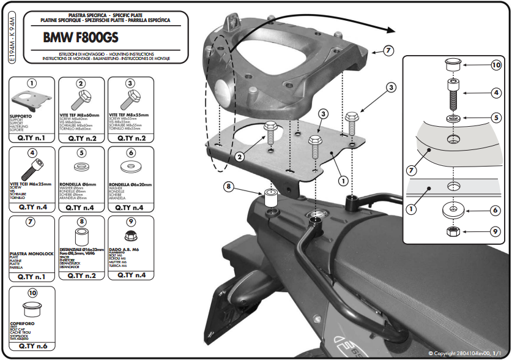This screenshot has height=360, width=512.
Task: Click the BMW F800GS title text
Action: point(81,37)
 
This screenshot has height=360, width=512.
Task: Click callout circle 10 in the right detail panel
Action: point(495,66)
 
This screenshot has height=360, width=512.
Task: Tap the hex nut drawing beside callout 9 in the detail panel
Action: point(454,231)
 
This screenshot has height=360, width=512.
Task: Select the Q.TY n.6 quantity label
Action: point(32,346)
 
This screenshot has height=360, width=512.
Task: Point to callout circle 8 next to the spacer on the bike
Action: point(228,186)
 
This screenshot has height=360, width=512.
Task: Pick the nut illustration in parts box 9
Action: point(130,236)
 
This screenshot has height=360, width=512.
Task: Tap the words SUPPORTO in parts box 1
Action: point(22,115)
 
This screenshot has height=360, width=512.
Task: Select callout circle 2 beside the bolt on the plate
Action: point(240,157)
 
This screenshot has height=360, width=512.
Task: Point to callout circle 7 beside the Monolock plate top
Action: point(389,51)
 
